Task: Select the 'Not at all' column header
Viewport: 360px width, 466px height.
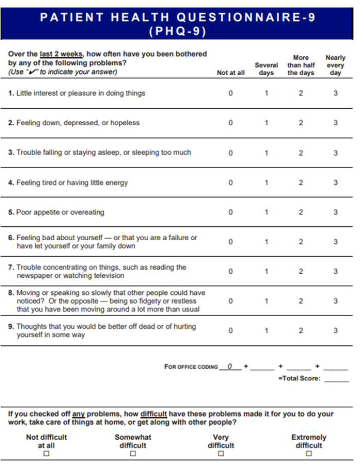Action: (230, 73)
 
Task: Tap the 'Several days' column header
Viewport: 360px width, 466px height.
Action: (266, 68)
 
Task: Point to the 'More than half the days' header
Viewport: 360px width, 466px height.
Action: (301, 65)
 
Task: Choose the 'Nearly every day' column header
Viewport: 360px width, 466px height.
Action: (336, 65)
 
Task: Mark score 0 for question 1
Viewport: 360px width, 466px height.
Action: (230, 93)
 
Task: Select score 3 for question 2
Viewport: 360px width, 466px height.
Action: (336, 123)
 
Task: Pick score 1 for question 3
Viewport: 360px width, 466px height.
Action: (266, 153)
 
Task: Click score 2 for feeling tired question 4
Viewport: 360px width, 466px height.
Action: (301, 183)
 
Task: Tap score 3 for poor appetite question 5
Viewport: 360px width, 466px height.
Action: (336, 212)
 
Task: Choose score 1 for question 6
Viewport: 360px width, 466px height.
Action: (266, 242)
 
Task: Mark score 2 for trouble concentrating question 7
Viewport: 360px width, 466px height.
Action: (301, 271)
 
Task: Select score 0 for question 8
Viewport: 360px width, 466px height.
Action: (230, 301)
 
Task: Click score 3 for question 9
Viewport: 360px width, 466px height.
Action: (336, 330)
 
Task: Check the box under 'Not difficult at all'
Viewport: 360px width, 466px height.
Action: (46, 455)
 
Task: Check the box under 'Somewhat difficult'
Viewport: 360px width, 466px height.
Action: (133, 455)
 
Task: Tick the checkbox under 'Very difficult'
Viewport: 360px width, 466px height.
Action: (220, 455)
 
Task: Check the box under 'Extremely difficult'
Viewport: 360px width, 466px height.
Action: (308, 455)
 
